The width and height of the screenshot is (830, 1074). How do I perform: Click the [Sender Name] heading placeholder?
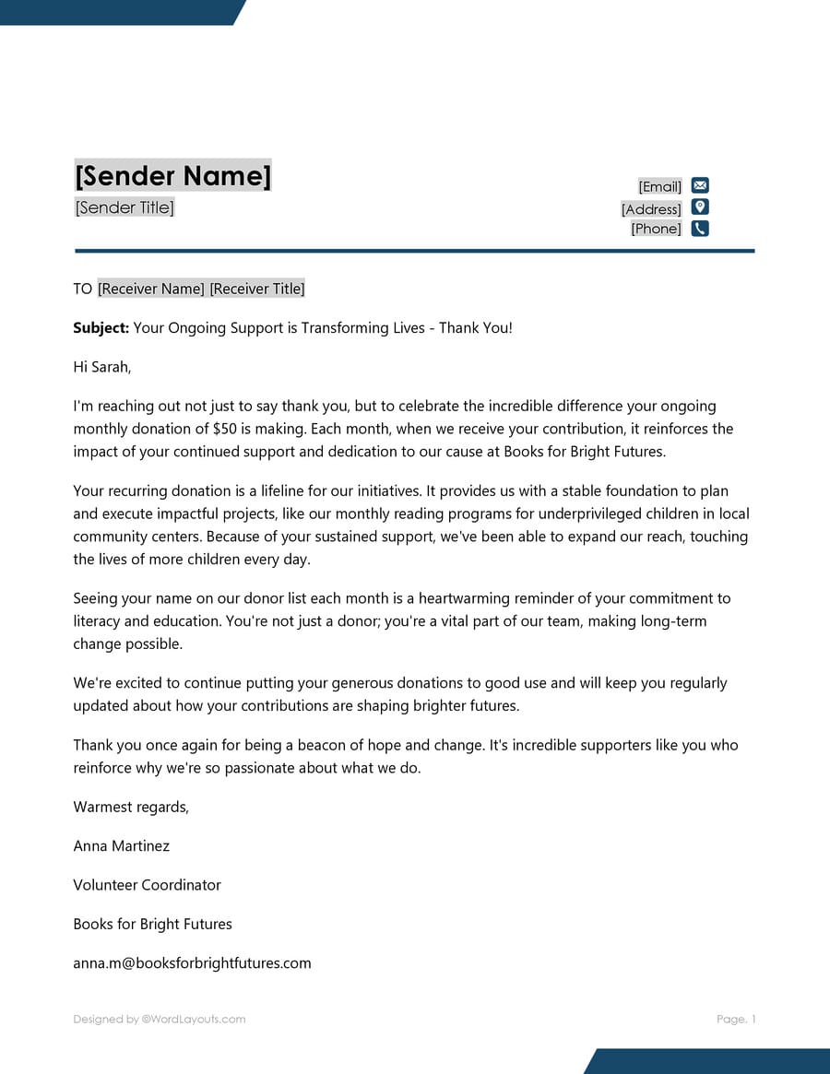click(172, 175)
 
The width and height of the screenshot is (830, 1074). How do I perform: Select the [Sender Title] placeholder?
click(125, 207)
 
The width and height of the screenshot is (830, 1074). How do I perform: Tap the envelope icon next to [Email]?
click(700, 185)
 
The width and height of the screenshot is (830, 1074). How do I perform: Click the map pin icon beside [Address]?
click(700, 207)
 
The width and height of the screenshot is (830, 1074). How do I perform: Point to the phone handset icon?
click(700, 229)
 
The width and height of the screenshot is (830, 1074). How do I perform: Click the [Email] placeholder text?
click(659, 187)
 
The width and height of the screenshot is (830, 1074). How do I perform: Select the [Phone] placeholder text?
click(656, 229)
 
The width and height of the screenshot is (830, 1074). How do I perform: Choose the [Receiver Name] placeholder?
click(150, 289)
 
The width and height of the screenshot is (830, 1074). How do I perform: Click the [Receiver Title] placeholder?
click(257, 289)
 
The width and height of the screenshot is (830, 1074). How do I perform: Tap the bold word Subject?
click(101, 328)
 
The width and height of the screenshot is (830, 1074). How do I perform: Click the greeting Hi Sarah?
click(102, 367)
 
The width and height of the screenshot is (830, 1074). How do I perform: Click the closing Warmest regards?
click(131, 808)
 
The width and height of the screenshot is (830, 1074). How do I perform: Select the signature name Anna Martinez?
click(122, 846)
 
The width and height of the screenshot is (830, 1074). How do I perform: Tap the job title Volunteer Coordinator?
click(148, 885)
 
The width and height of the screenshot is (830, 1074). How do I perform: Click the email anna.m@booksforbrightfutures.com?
click(192, 963)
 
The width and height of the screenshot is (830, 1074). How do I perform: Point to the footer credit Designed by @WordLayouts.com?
click(160, 1020)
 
